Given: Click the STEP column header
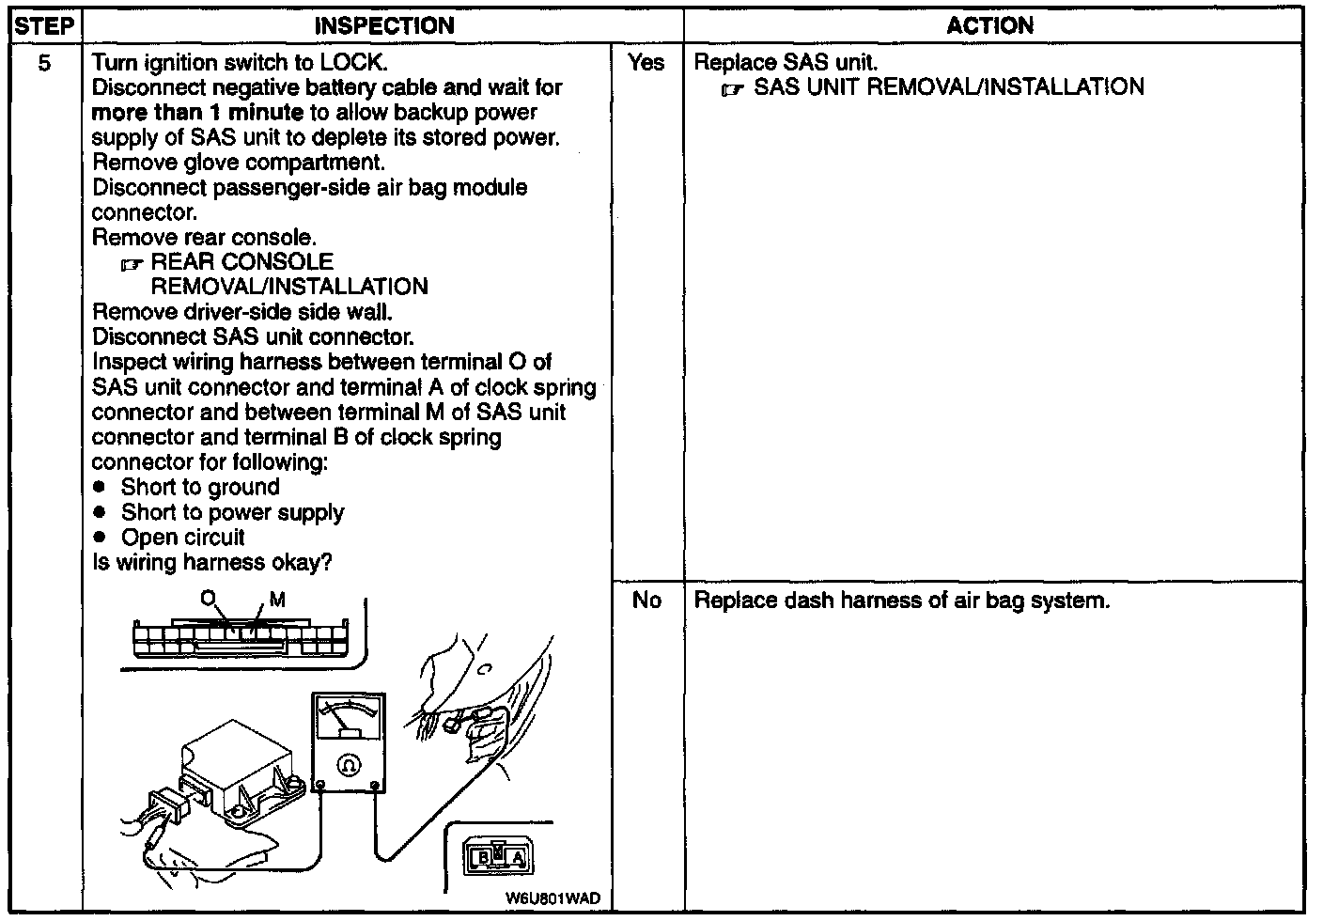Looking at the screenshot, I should pyautogui.click(x=44, y=26).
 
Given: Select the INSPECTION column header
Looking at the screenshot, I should pyautogui.click(x=383, y=26).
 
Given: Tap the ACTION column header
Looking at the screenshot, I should pyautogui.click(x=989, y=26).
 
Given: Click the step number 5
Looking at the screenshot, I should pyautogui.click(x=45, y=63).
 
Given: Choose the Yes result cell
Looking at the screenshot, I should pyautogui.click(x=646, y=63).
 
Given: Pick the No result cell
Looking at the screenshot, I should pyautogui.click(x=646, y=601).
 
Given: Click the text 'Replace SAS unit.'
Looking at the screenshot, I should pyautogui.click(x=786, y=63).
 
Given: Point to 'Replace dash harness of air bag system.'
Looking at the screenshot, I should pyautogui.click(x=901, y=601).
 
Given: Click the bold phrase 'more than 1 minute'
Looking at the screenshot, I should pyautogui.click(x=197, y=113).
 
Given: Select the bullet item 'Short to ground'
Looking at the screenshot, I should pyautogui.click(x=199, y=487).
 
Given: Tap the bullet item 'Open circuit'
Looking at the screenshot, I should pyautogui.click(x=182, y=538).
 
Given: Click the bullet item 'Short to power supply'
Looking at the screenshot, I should pyautogui.click(x=232, y=512).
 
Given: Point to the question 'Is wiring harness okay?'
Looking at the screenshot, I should pyautogui.click(x=212, y=563).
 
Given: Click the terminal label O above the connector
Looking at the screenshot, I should pyautogui.click(x=208, y=598).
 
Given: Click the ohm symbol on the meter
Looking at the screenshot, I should pyautogui.click(x=349, y=764).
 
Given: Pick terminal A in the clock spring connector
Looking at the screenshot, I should pyautogui.click(x=518, y=857).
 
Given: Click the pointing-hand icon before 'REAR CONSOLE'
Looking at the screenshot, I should pyautogui.click(x=131, y=264).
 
